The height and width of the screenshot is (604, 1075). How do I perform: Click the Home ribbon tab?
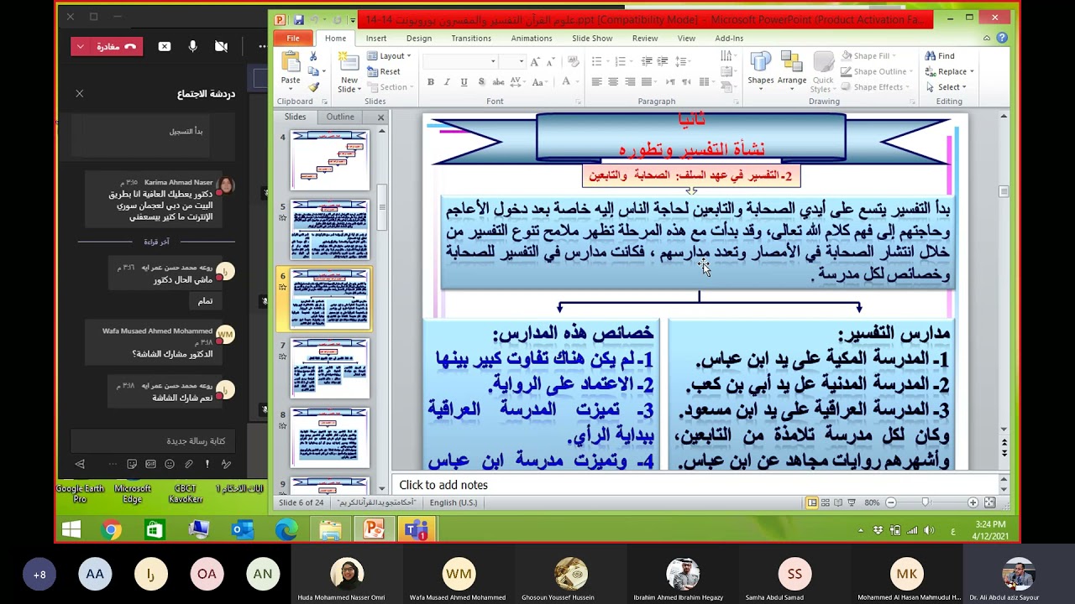[x=335, y=39]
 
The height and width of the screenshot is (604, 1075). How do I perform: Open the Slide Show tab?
[x=592, y=39]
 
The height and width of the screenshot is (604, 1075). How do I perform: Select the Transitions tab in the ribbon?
[x=471, y=39]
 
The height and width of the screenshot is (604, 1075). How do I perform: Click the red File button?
[x=293, y=39]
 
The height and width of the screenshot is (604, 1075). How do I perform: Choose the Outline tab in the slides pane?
[x=340, y=117]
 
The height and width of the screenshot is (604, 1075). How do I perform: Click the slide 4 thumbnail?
[x=330, y=159]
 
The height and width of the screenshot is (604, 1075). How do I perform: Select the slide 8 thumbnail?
[x=330, y=437]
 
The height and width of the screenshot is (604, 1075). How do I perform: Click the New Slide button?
[x=349, y=72]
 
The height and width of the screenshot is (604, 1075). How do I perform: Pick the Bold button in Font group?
[x=431, y=82]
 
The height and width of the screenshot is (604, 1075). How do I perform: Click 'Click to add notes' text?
[x=443, y=485]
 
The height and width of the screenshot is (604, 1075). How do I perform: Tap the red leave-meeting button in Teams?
[x=107, y=47]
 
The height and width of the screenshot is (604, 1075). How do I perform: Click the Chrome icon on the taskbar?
[x=111, y=530]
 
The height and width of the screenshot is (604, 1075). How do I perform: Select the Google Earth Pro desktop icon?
[x=80, y=493]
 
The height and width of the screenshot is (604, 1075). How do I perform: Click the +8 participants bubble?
[x=39, y=575]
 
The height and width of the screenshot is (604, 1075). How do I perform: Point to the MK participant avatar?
[x=907, y=575]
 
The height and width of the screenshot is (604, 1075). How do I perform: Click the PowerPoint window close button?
[x=995, y=18]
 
